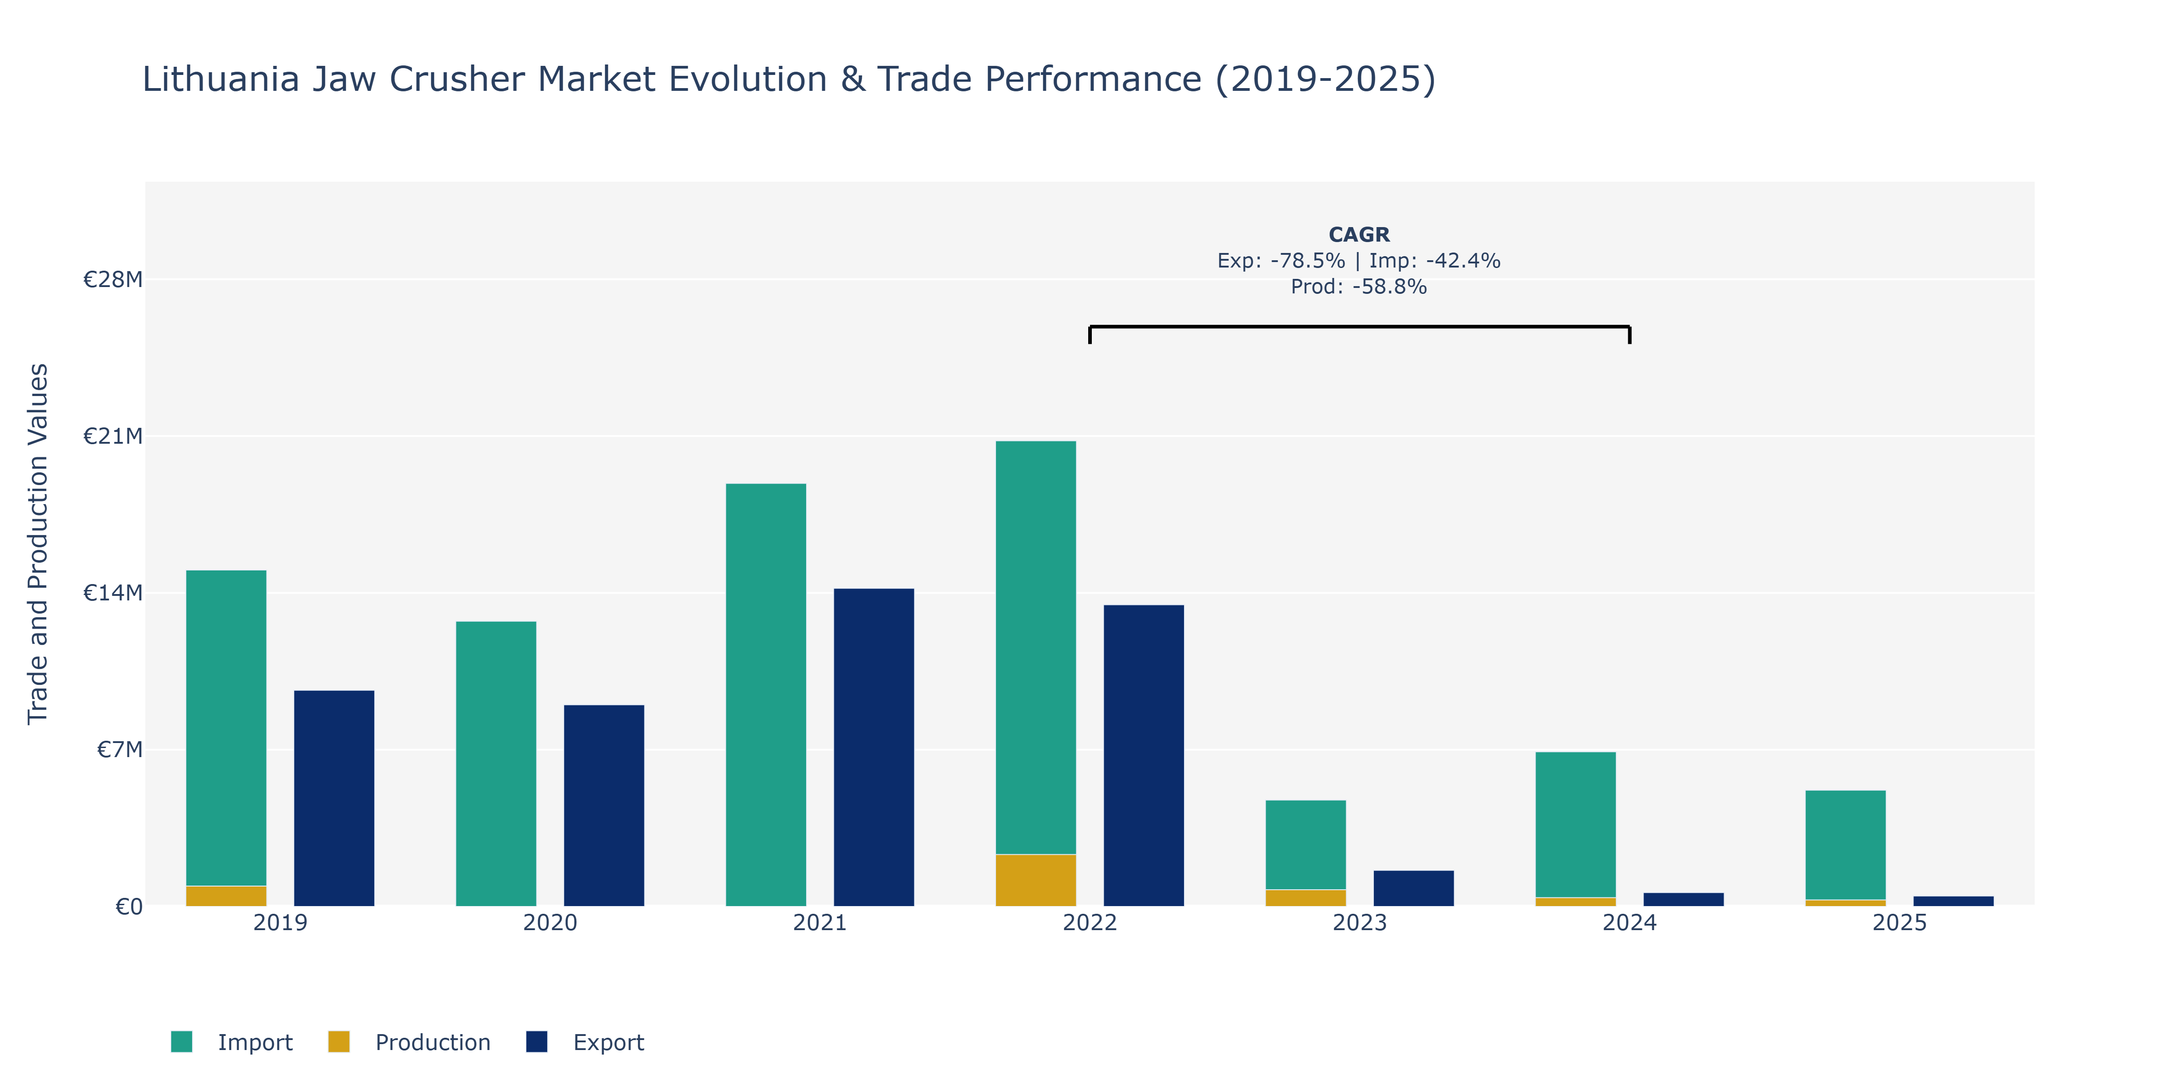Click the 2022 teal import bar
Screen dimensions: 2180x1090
1036,647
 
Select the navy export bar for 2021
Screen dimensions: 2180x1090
873,747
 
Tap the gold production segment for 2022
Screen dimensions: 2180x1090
1036,880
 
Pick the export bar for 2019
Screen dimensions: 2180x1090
333,798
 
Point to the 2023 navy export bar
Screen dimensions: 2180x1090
1413,889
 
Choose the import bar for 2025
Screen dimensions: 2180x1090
1846,845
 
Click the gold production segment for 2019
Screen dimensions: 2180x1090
226,896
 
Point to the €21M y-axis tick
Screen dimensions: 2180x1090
113,436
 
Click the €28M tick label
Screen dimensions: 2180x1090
113,279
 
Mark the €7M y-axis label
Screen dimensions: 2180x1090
119,750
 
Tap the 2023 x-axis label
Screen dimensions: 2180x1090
1359,922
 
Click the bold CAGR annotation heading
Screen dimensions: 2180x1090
1359,234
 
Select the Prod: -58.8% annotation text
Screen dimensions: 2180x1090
1359,287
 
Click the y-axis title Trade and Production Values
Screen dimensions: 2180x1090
38,543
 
